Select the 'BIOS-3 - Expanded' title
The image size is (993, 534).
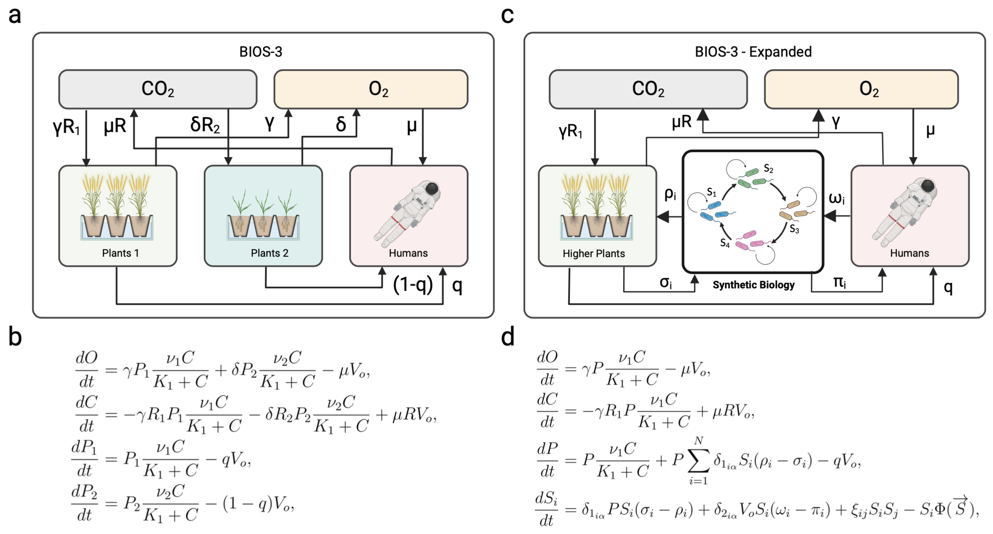[753, 52]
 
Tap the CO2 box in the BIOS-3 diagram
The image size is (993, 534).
[158, 89]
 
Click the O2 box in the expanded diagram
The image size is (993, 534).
[861, 89]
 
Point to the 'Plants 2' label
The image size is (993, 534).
[270, 253]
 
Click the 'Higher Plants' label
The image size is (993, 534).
[594, 253]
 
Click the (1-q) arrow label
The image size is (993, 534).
[413, 285]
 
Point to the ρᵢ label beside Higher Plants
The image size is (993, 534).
[670, 194]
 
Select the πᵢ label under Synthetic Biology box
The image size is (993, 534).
[839, 283]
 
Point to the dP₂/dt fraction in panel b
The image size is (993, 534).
[85, 503]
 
